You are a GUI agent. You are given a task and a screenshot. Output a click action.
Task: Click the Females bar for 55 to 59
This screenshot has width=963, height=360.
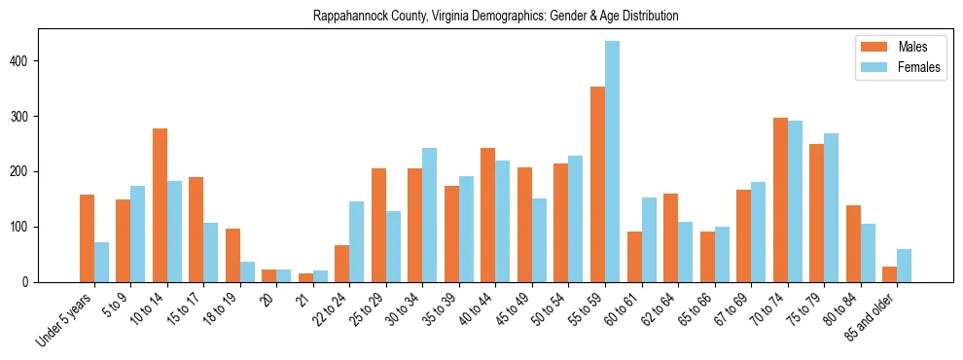click(612, 162)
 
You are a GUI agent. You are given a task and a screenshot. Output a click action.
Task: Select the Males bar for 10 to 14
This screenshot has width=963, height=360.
click(160, 205)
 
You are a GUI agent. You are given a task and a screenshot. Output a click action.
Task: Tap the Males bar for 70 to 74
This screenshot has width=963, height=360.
click(780, 199)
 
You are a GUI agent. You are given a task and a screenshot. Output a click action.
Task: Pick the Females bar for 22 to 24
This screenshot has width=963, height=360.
click(357, 241)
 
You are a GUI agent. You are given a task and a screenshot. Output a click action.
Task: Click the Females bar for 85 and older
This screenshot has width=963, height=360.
click(904, 266)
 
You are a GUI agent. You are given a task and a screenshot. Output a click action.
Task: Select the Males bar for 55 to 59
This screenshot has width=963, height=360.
click(597, 185)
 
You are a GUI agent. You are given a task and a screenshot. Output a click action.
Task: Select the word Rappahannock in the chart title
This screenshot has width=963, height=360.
click(349, 17)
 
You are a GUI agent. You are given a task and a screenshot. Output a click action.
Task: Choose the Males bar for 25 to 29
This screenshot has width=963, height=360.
click(378, 225)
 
